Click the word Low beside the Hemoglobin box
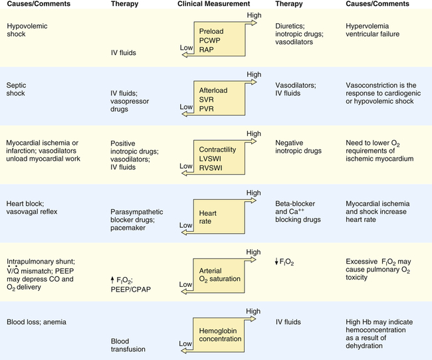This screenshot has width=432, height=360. [186, 343]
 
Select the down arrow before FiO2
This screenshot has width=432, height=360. [277, 262]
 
